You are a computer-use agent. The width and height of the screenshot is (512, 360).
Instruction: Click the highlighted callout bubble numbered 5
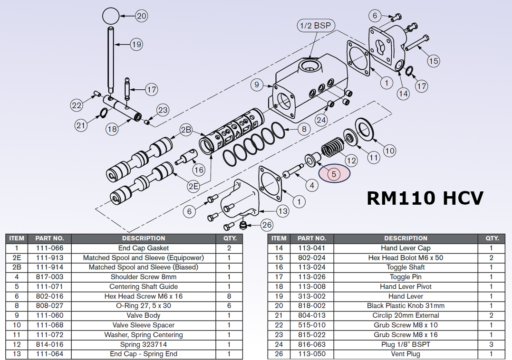(334, 174)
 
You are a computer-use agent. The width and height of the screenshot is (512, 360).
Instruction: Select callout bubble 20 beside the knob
(141, 16)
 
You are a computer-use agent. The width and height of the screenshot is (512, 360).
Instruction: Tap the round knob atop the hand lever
(110, 16)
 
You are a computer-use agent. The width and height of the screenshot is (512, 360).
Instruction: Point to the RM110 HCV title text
(425, 198)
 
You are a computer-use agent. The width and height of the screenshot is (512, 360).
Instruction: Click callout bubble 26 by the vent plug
(267, 225)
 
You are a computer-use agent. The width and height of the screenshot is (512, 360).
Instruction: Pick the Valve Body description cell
(143, 315)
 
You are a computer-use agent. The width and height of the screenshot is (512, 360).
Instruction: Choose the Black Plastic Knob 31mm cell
(406, 306)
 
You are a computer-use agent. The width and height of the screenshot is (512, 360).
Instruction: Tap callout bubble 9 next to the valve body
(257, 85)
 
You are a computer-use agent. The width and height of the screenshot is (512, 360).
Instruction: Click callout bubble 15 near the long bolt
(433, 61)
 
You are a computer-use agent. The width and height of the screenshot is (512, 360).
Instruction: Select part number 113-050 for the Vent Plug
(311, 354)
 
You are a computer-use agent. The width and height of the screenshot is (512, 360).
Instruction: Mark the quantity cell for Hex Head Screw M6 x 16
(229, 296)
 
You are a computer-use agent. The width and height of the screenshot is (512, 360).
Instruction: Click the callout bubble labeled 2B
(186, 130)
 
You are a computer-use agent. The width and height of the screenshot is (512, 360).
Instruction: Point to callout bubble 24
(321, 120)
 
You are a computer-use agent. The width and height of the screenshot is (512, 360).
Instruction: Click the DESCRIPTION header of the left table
(143, 238)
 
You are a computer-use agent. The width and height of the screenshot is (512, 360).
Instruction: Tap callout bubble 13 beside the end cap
(282, 211)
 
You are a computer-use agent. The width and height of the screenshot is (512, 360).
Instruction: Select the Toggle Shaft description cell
(406, 267)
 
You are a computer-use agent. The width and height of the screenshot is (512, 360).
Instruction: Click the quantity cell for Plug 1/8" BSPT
(491, 344)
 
